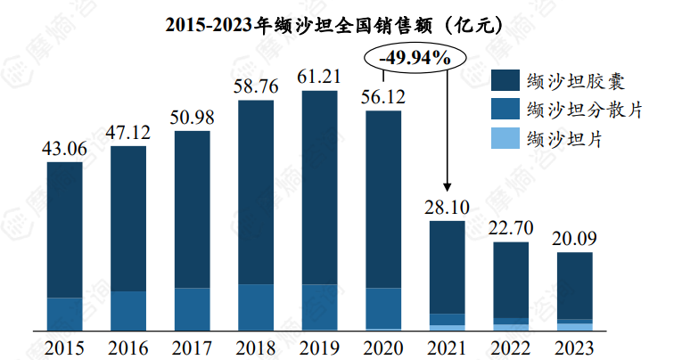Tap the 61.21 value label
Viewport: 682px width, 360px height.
point(319,78)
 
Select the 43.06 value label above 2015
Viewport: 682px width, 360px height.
point(64,149)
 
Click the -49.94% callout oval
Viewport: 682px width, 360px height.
point(415,59)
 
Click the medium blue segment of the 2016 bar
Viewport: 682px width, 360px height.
point(128,310)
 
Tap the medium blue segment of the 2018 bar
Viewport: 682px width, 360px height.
point(256,307)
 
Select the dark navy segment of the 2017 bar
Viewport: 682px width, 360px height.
point(192,209)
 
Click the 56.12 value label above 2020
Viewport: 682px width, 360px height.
point(383,97)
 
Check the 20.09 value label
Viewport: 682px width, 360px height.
point(574,239)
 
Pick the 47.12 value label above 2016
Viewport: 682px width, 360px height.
point(128,133)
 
